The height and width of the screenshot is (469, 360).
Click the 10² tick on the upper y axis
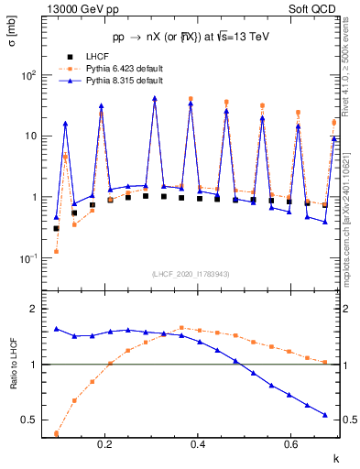[x=32, y=75]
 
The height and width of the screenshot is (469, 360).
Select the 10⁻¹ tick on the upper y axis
[x=32, y=258]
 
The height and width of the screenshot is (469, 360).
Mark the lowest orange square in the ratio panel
[x=57, y=433]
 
